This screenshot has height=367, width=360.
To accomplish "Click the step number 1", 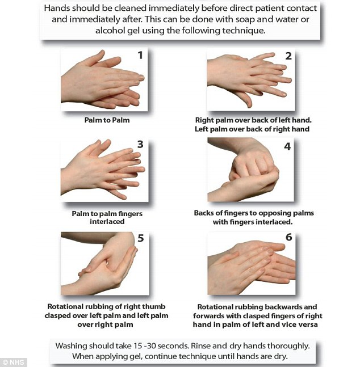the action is click(x=140, y=55).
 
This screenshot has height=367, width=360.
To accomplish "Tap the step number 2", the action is click(x=288, y=56).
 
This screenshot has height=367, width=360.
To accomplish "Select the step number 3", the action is click(x=140, y=144).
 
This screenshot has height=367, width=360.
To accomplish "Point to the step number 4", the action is click(x=287, y=146).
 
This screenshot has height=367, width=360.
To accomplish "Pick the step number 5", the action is click(x=140, y=238).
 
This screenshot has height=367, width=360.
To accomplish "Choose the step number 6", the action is click(x=289, y=237).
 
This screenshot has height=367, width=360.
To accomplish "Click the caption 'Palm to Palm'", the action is click(x=107, y=120).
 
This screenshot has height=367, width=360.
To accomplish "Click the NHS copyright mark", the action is click(x=14, y=362).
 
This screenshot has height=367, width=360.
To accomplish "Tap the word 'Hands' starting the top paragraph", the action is click(x=57, y=8).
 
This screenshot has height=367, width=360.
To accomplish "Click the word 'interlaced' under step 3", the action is click(x=107, y=221).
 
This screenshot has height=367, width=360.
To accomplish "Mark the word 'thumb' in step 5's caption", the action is click(x=154, y=306).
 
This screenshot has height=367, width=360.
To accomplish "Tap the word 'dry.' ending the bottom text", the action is click(x=281, y=356).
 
